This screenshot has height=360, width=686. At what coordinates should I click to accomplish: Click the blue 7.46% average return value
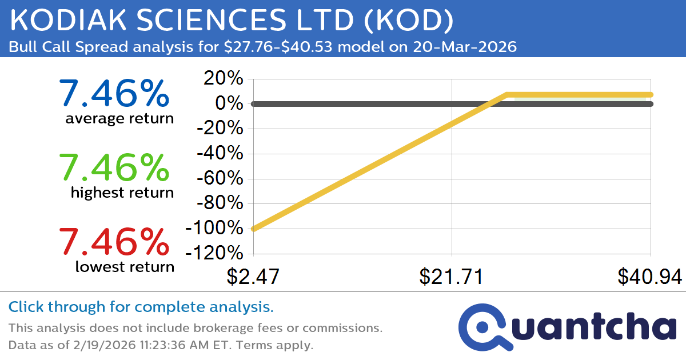(114, 94)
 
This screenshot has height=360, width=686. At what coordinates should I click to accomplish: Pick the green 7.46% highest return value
(114, 168)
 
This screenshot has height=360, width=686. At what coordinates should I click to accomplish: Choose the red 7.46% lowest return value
(114, 241)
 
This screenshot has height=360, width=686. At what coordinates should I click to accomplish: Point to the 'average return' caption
(119, 119)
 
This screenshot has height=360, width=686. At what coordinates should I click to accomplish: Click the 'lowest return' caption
(125, 266)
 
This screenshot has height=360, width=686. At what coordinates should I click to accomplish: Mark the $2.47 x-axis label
(253, 277)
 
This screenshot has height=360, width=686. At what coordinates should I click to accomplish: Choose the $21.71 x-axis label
(452, 277)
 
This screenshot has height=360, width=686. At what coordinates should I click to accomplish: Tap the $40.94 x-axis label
(649, 277)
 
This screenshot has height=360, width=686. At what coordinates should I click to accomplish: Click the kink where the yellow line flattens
(506, 94)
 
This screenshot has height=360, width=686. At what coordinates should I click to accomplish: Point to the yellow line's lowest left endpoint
(254, 229)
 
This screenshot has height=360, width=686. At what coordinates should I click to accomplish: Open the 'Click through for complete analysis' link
(141, 307)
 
